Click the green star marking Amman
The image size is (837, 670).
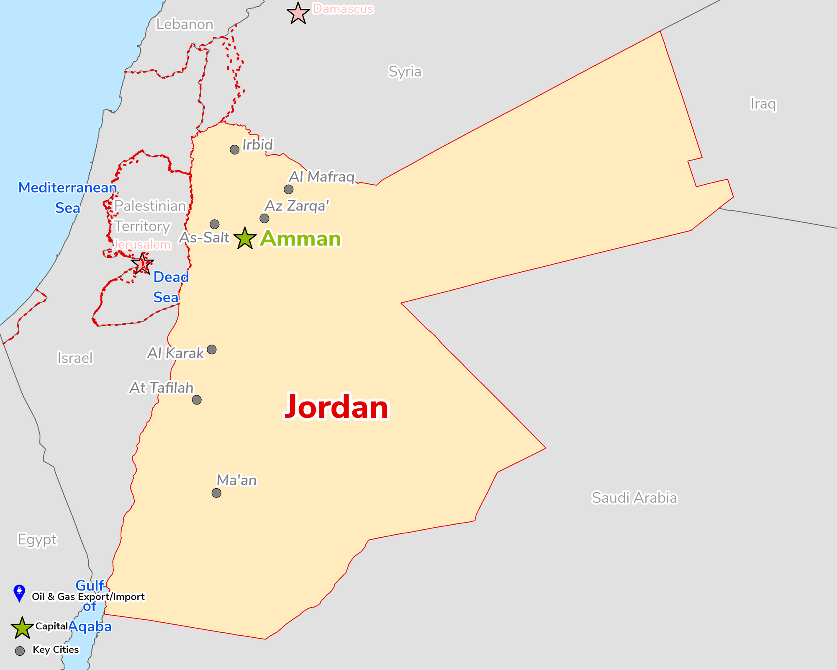(245, 239)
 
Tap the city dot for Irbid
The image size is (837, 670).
(234, 149)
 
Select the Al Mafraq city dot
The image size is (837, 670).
(288, 189)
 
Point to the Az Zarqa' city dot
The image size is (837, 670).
(264, 218)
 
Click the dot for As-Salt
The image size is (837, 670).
(214, 224)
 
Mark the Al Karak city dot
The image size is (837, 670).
(212, 349)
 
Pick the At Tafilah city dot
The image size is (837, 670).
(196, 399)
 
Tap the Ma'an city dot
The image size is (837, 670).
(216, 493)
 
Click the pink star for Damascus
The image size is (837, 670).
(298, 13)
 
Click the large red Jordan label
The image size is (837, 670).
(336, 407)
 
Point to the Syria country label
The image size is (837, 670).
(405, 72)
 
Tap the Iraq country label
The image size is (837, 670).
(763, 104)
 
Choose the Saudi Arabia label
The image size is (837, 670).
(634, 498)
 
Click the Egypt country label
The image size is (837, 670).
(37, 539)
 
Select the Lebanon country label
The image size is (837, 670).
(185, 24)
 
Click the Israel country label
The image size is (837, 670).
(75, 358)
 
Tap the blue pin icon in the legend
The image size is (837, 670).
(19, 593)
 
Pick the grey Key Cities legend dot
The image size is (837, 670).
(20, 651)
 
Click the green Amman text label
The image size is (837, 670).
(300, 239)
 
